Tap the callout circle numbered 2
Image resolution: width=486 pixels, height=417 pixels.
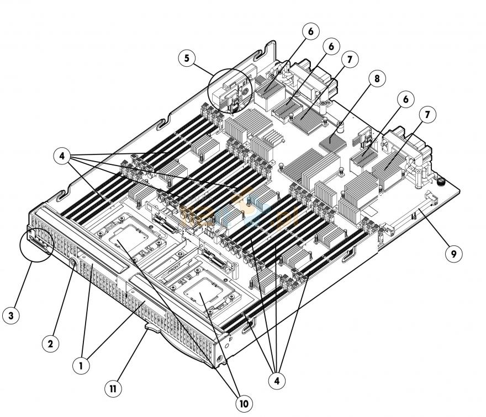pyautogui.click(x=50, y=343)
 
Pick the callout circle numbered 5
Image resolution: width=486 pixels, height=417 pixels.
pyautogui.click(x=187, y=58)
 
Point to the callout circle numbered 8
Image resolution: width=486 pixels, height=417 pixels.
pyautogui.click(x=376, y=79)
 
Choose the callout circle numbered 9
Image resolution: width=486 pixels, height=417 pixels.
pyautogui.click(x=453, y=254)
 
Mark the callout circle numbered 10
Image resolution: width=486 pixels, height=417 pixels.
pyautogui.click(x=243, y=404)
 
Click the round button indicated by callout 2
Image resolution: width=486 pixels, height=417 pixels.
pyautogui.click(x=73, y=264)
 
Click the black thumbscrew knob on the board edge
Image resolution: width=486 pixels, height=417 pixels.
pyautogui.click(x=441, y=181)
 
